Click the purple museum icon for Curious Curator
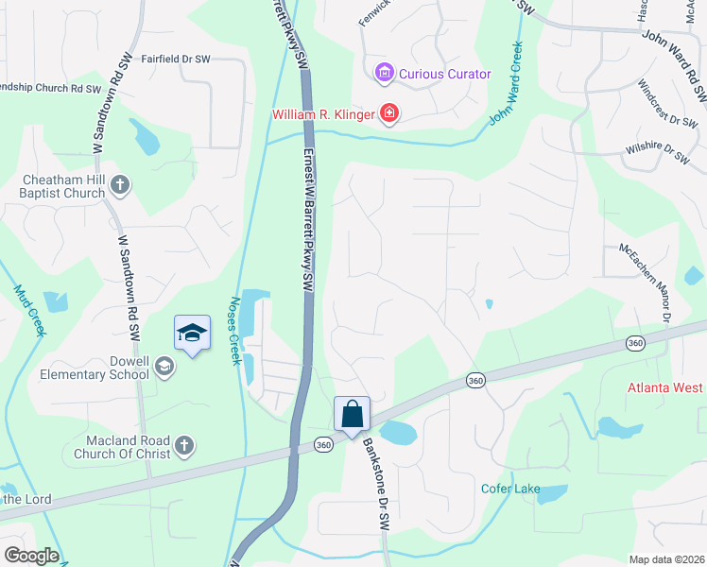(x=384, y=73)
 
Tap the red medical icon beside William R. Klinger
(x=388, y=114)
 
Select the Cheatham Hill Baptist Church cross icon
(x=119, y=184)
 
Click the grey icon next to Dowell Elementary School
(x=164, y=367)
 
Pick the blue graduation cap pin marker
(x=192, y=334)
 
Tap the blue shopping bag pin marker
(x=352, y=414)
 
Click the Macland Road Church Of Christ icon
(x=184, y=445)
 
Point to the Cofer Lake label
(x=510, y=489)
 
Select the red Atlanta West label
(x=666, y=388)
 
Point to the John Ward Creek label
(x=506, y=84)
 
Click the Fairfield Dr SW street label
(x=175, y=59)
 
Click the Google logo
(x=31, y=556)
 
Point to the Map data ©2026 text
(x=665, y=559)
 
